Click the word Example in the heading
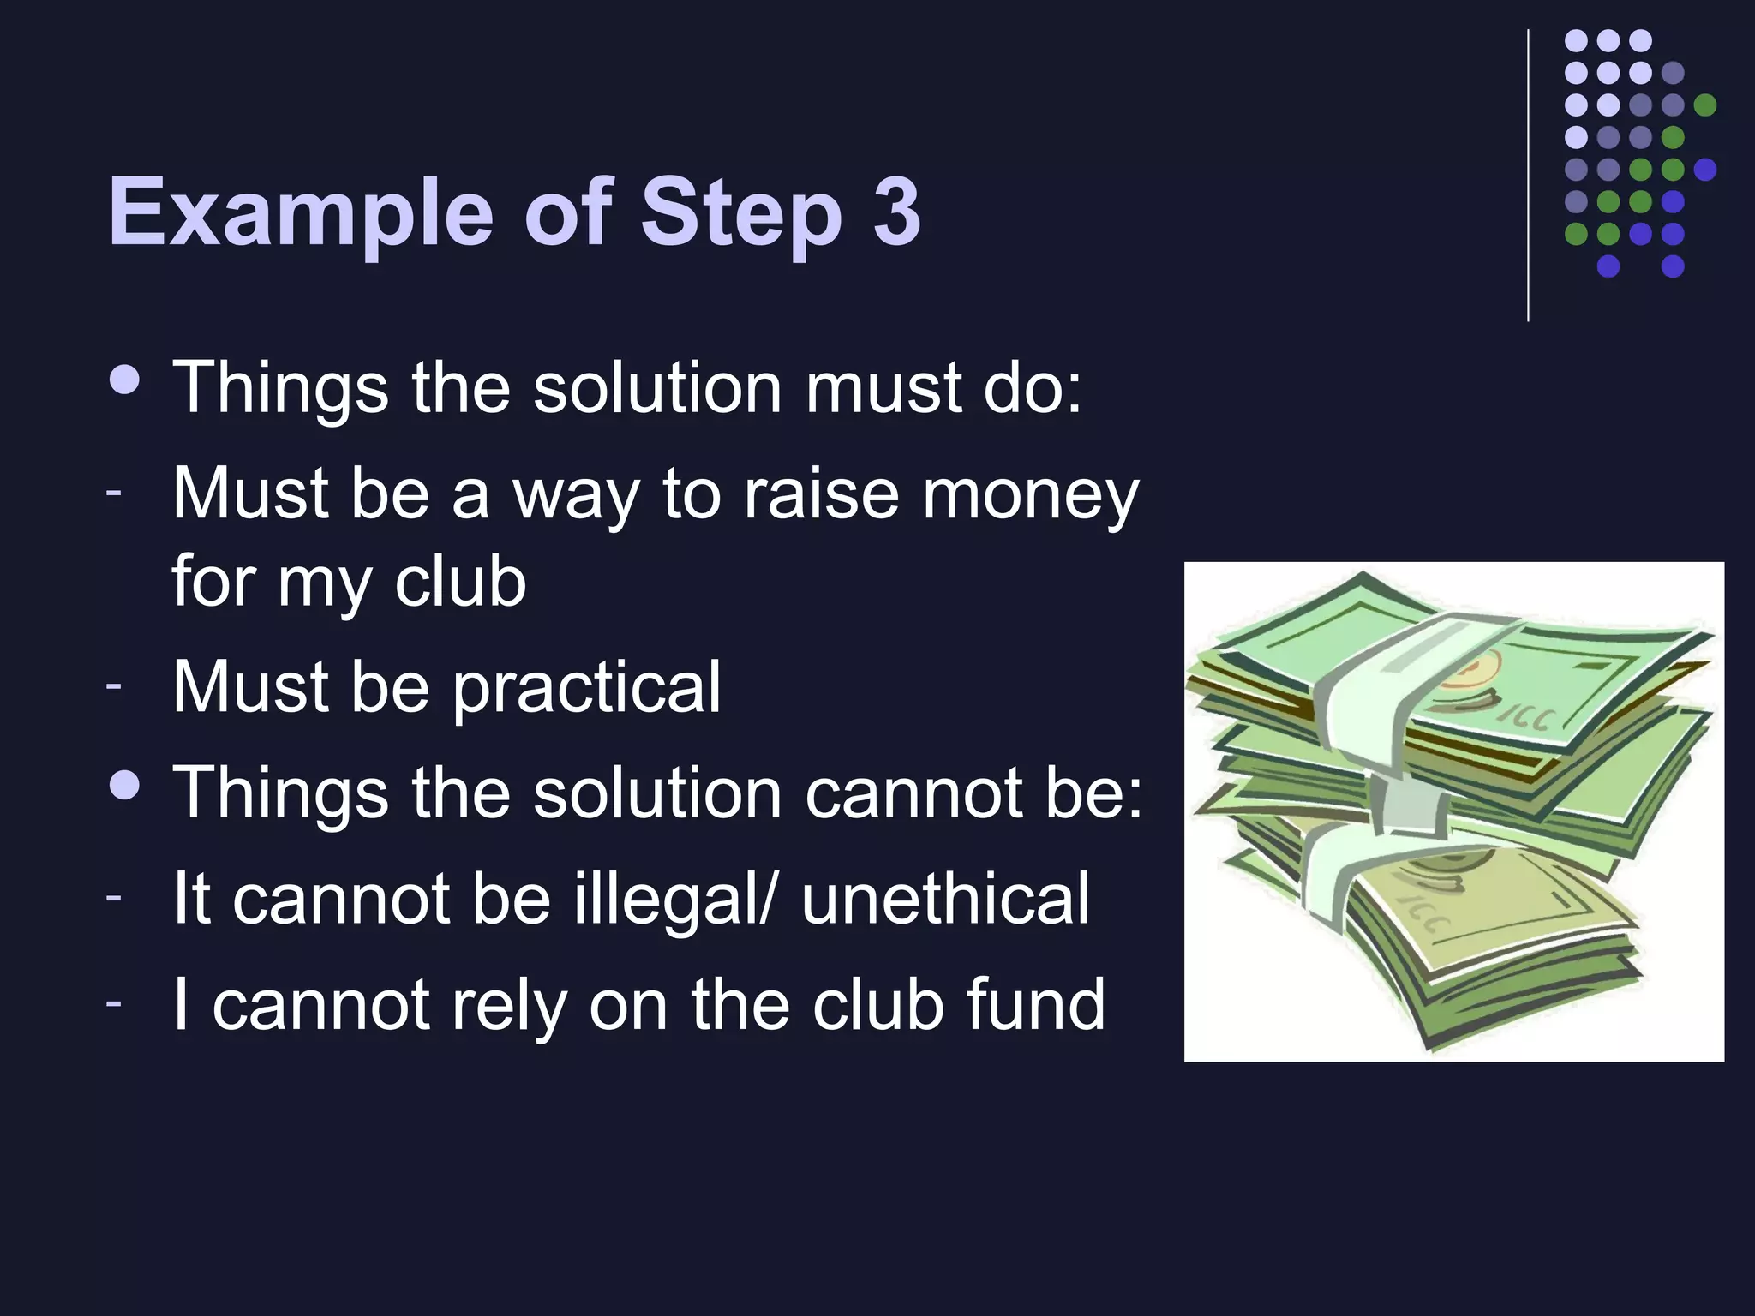click(x=300, y=212)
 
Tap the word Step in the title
click(x=741, y=212)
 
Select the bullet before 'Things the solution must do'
click(x=125, y=380)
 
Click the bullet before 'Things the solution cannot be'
click(x=125, y=785)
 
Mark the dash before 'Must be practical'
click(x=114, y=685)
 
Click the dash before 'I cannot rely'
click(x=114, y=1002)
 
